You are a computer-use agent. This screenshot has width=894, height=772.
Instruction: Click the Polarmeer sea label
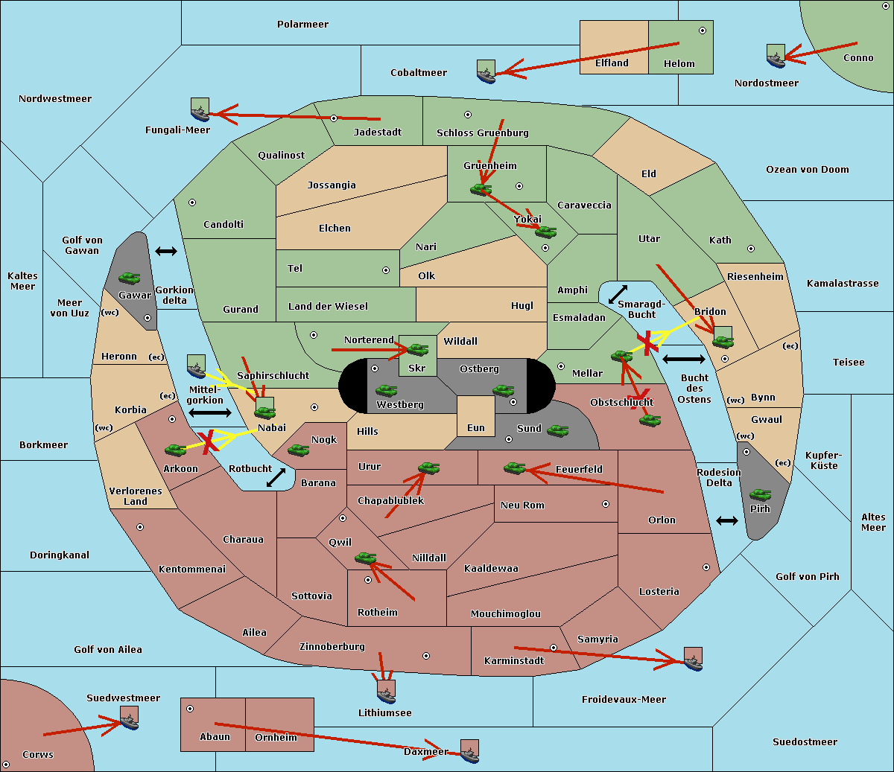(x=302, y=25)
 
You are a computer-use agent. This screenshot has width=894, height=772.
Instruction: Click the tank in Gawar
(x=130, y=278)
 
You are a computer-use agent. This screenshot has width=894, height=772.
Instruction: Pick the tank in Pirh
(x=760, y=494)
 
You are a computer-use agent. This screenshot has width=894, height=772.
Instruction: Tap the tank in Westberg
(x=386, y=390)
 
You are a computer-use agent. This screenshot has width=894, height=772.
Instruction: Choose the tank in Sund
(x=557, y=430)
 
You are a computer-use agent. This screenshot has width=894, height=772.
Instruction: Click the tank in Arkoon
(x=176, y=450)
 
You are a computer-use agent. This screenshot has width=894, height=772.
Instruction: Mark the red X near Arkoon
(x=209, y=441)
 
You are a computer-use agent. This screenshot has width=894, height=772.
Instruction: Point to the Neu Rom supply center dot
(x=606, y=504)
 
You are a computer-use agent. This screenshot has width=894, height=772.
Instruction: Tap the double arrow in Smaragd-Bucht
(x=618, y=294)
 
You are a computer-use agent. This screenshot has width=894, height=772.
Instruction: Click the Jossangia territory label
(x=332, y=185)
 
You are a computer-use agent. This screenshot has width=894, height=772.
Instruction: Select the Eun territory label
(x=476, y=427)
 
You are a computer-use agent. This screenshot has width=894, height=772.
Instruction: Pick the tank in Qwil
(x=366, y=558)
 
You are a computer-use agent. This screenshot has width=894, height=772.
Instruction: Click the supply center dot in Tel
(x=386, y=270)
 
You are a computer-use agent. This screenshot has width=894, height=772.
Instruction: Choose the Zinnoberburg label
(x=332, y=646)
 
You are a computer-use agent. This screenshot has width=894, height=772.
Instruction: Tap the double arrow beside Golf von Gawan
(x=166, y=251)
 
